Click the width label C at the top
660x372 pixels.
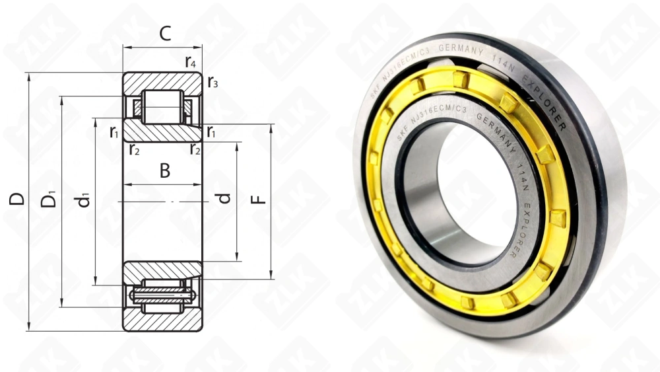[x=165, y=34]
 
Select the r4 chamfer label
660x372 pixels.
[x=191, y=63]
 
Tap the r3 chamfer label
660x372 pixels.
[x=213, y=83]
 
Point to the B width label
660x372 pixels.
[x=164, y=171]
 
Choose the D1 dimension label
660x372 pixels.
[x=49, y=198]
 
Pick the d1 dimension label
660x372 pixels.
[x=84, y=198]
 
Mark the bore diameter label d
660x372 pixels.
[x=225, y=198]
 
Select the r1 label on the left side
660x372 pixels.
[x=114, y=131]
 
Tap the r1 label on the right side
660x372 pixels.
[x=211, y=131]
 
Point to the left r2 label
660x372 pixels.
[x=134, y=149]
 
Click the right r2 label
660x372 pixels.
[x=195, y=149]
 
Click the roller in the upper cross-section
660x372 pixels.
[x=162, y=106]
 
